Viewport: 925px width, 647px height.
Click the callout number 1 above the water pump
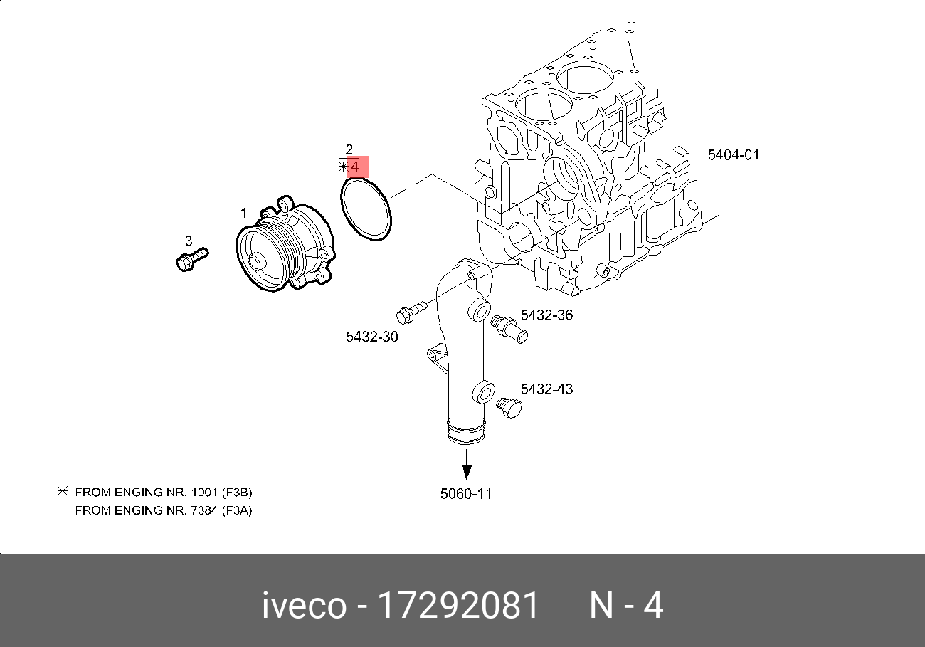[x=243, y=213]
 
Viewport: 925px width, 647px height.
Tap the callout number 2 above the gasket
[x=349, y=149]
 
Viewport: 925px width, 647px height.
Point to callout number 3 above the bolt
[x=189, y=241]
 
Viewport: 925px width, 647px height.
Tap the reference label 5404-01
[x=734, y=154]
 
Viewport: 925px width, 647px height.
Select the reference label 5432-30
[x=372, y=337]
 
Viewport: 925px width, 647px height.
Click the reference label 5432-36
[x=546, y=315]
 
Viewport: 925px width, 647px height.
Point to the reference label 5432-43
[x=546, y=389]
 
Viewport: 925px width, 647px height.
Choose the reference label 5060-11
[x=466, y=493]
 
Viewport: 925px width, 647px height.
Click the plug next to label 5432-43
[x=509, y=409]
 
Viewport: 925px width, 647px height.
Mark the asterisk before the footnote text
[x=62, y=491]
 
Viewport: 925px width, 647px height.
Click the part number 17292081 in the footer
[x=458, y=606]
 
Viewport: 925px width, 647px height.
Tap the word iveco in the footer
[x=305, y=606]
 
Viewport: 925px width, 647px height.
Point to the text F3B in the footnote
[x=237, y=492]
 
